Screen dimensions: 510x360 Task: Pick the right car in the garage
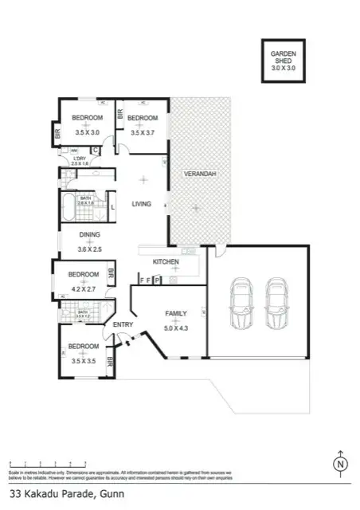276,304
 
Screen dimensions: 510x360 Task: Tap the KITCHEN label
165,262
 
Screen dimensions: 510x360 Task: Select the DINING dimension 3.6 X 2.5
89,249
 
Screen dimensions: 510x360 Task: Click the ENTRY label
123,324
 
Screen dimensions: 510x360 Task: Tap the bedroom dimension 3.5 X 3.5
83,360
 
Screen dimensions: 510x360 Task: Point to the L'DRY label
79,159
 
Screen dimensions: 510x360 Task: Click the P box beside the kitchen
158,280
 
